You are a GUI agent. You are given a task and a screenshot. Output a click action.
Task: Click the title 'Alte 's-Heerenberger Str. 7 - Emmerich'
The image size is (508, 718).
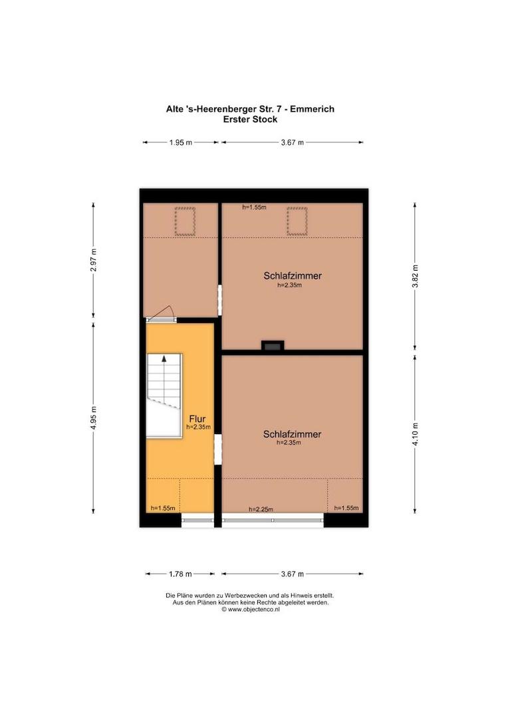pyautogui.click(x=250, y=109)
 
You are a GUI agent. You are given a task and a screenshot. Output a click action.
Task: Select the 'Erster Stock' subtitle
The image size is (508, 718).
pyautogui.click(x=250, y=120)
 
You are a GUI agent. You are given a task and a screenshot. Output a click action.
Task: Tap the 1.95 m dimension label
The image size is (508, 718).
pyautogui.click(x=180, y=142)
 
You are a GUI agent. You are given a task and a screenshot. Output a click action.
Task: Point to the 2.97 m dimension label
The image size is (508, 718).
pyautogui.click(x=94, y=260)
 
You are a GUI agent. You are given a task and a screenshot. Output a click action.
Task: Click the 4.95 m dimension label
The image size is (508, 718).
pyautogui.click(x=94, y=418)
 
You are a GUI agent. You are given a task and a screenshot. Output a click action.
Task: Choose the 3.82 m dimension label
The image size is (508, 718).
pyautogui.click(x=415, y=276)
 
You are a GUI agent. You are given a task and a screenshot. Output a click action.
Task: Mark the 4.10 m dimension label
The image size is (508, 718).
pyautogui.click(x=415, y=434)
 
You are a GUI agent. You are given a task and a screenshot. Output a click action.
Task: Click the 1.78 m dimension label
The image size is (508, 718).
pyautogui.click(x=180, y=574)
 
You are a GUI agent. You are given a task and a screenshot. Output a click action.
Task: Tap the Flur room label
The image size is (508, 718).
pyautogui.click(x=197, y=419)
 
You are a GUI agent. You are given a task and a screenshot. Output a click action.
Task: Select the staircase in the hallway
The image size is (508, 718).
pyautogui.click(x=164, y=396)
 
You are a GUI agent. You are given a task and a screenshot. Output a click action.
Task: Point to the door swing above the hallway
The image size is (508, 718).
pyautogui.click(x=160, y=312)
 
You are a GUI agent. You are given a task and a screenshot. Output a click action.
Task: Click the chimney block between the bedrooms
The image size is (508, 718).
pyautogui.click(x=273, y=346)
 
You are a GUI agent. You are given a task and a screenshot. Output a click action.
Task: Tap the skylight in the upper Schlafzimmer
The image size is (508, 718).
pyautogui.click(x=297, y=221)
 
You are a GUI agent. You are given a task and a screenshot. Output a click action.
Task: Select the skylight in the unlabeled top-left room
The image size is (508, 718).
pyautogui.click(x=185, y=221)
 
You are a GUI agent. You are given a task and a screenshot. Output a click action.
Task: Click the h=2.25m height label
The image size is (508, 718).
pyautogui.click(x=261, y=509)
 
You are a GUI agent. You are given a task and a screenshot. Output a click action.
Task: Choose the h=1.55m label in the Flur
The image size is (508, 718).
pyautogui.click(x=163, y=508)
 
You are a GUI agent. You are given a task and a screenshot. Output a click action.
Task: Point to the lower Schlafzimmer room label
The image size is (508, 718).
pyautogui.click(x=293, y=434)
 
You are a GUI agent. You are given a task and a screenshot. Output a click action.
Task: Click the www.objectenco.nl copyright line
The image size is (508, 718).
pyautogui.click(x=250, y=610)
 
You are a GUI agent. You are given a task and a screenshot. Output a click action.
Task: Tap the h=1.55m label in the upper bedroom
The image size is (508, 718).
pyautogui.click(x=254, y=207)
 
